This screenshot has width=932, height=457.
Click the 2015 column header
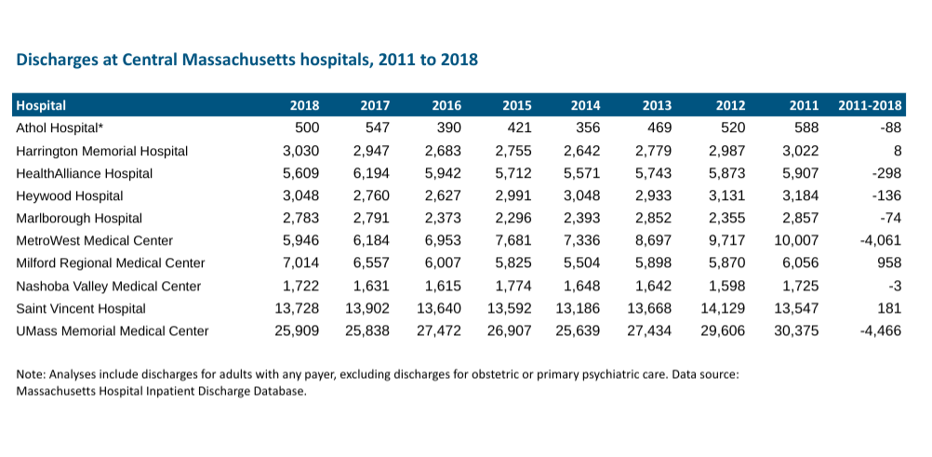click(516, 105)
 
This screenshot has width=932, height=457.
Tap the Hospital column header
click(42, 105)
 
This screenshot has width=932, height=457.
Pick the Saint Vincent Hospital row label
click(81, 308)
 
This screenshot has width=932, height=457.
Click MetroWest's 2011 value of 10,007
click(796, 241)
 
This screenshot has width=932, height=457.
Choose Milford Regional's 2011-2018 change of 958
click(889, 263)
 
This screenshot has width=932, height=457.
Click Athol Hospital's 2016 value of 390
click(449, 128)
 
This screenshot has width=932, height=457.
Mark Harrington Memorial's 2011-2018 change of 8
click(897, 151)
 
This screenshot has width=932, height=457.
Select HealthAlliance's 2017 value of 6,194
click(371, 173)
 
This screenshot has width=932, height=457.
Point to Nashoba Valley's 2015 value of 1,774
click(513, 286)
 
